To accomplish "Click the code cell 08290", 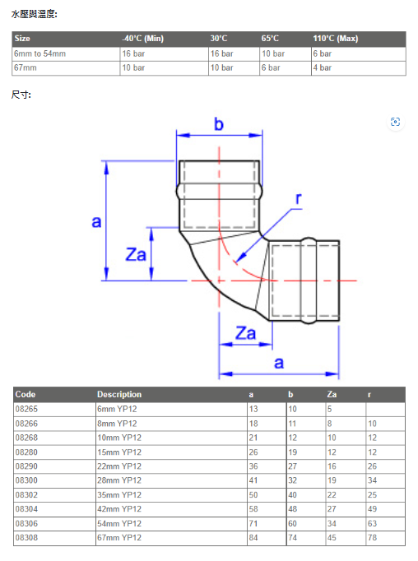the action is click(x=26, y=466).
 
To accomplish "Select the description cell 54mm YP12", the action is click(x=119, y=523).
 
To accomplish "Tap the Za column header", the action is click(x=332, y=394).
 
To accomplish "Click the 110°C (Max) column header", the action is click(x=336, y=39).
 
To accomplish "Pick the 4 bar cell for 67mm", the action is click(x=322, y=67).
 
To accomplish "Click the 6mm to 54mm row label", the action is click(x=39, y=53).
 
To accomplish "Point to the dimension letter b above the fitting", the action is click(x=219, y=124).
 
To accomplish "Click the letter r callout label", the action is click(x=299, y=198).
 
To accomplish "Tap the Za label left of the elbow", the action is click(x=136, y=255).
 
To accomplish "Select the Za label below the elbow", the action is click(x=245, y=333).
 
